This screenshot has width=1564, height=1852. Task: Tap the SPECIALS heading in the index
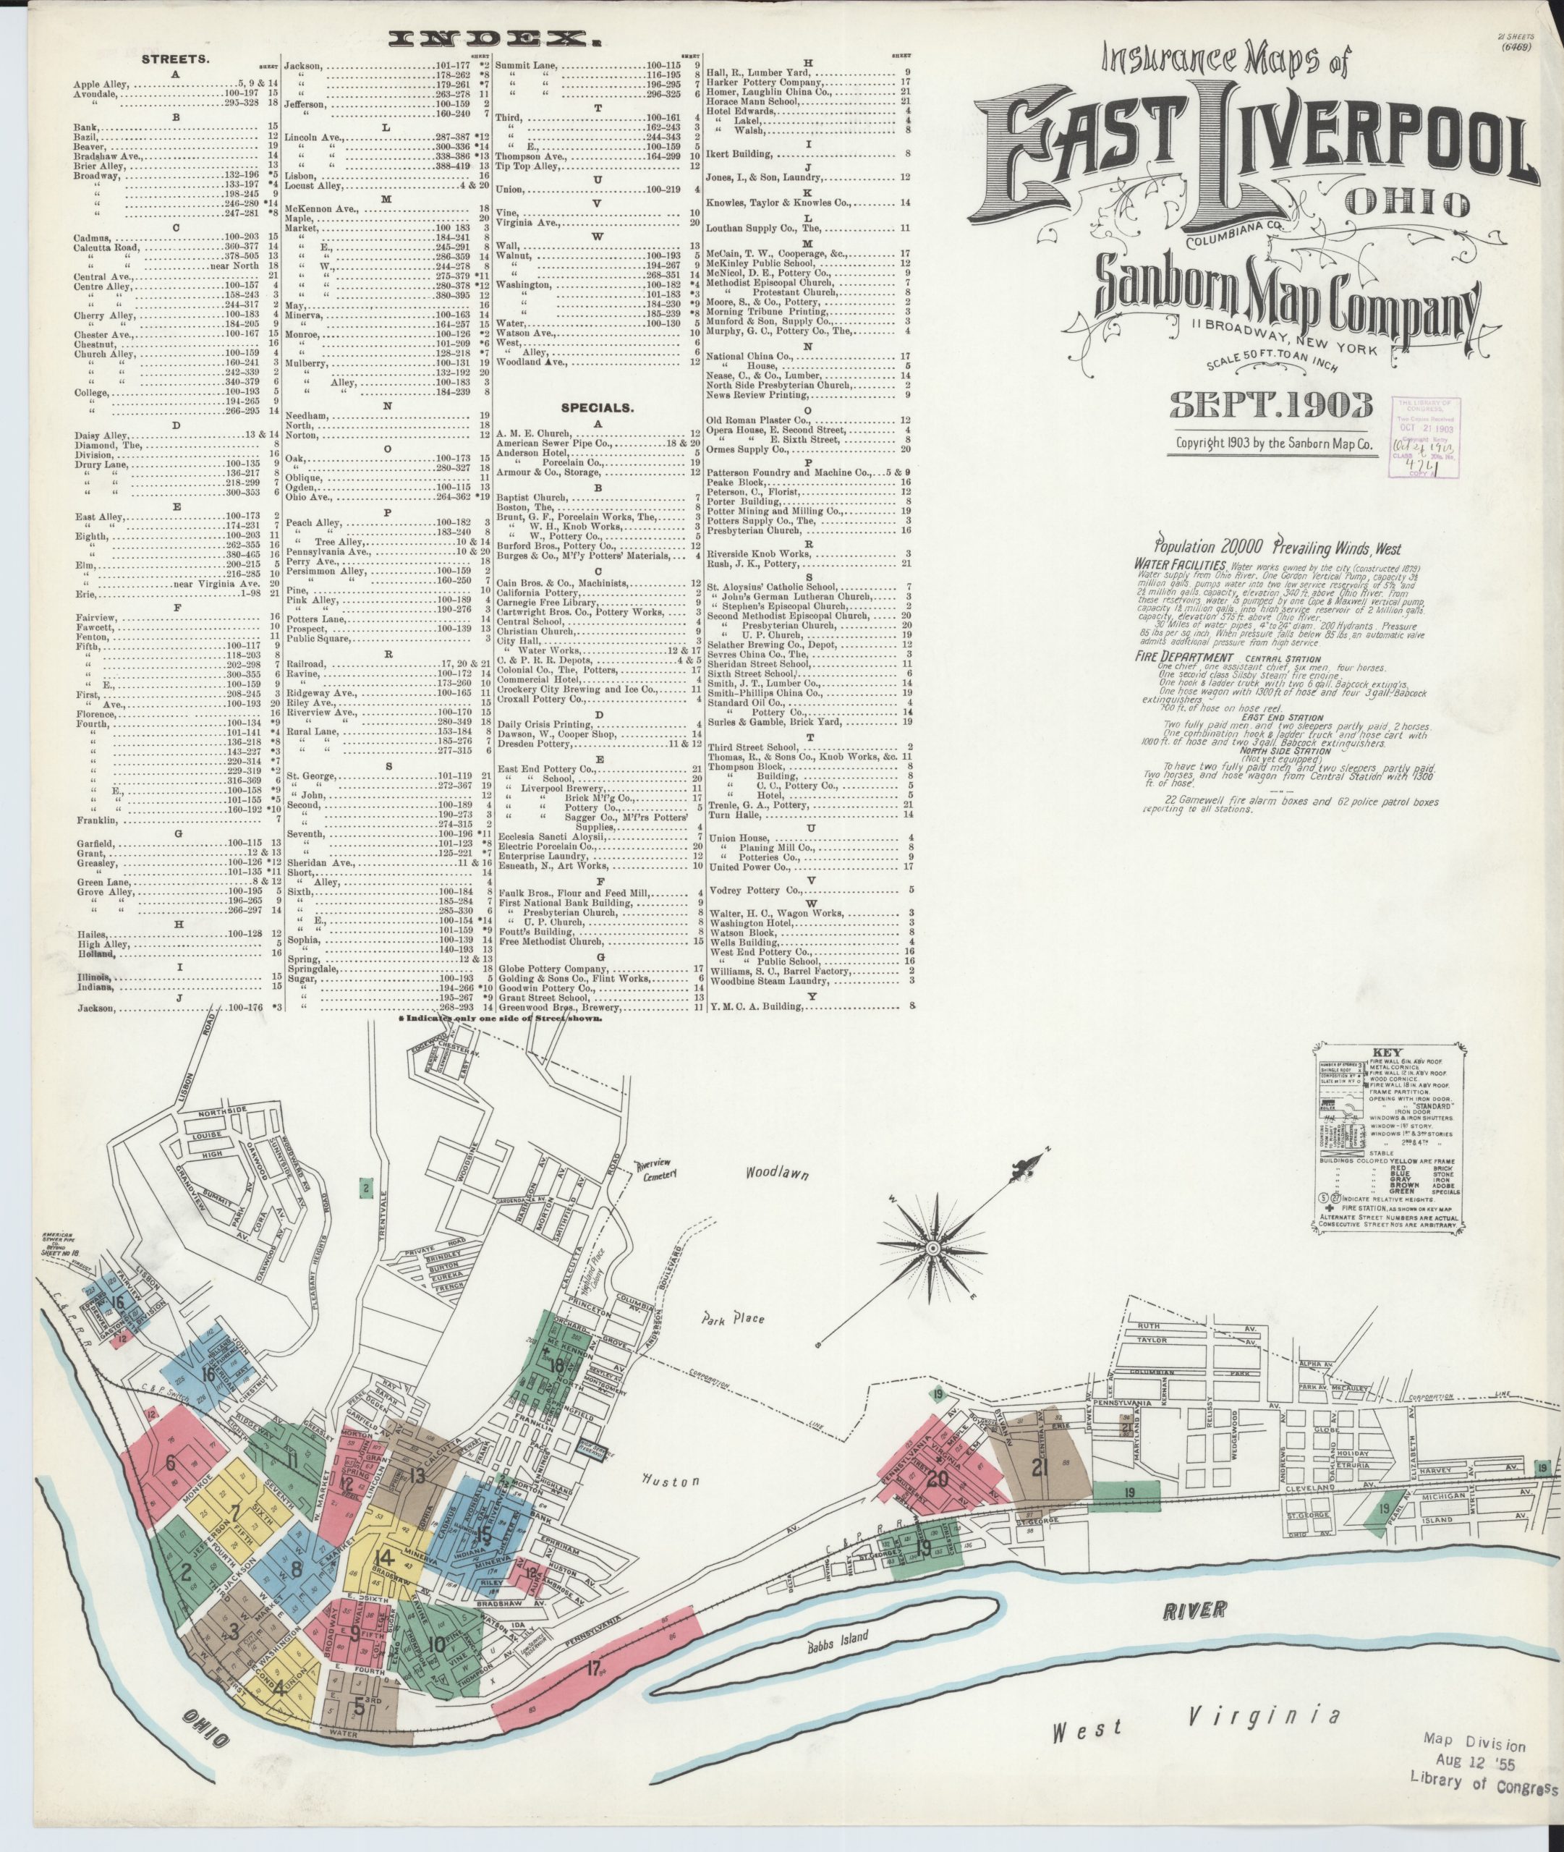pyautogui.click(x=597, y=409)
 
